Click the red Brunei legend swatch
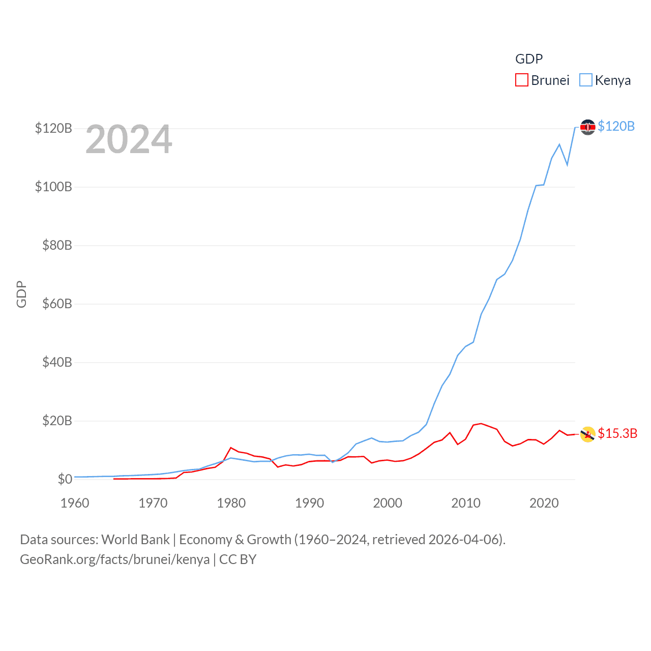pyautogui.click(x=522, y=80)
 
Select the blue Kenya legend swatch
pyautogui.click(x=586, y=80)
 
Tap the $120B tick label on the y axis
pyautogui.click(x=53, y=128)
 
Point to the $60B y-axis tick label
pyautogui.click(x=53, y=304)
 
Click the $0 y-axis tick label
pyautogui.click(x=65, y=479)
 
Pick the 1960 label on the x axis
pyautogui.click(x=75, y=503)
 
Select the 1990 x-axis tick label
pyautogui.click(x=309, y=503)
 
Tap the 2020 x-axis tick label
pyautogui.click(x=544, y=503)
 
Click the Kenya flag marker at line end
pyautogui.click(x=587, y=127)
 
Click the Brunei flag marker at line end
pyautogui.click(x=587, y=434)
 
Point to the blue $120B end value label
pyautogui.click(x=616, y=126)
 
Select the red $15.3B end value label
pyautogui.click(x=617, y=433)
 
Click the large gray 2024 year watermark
pyautogui.click(x=129, y=139)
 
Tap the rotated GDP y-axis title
pyautogui.click(x=21, y=294)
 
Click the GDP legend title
pyautogui.click(x=529, y=59)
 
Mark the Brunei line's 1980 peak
pyautogui.click(x=231, y=448)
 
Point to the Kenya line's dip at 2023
pyautogui.click(x=567, y=165)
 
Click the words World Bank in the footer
pyautogui.click(x=136, y=539)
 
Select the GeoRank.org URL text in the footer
pyautogui.click(x=114, y=559)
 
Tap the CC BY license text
pyautogui.click(x=238, y=559)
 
